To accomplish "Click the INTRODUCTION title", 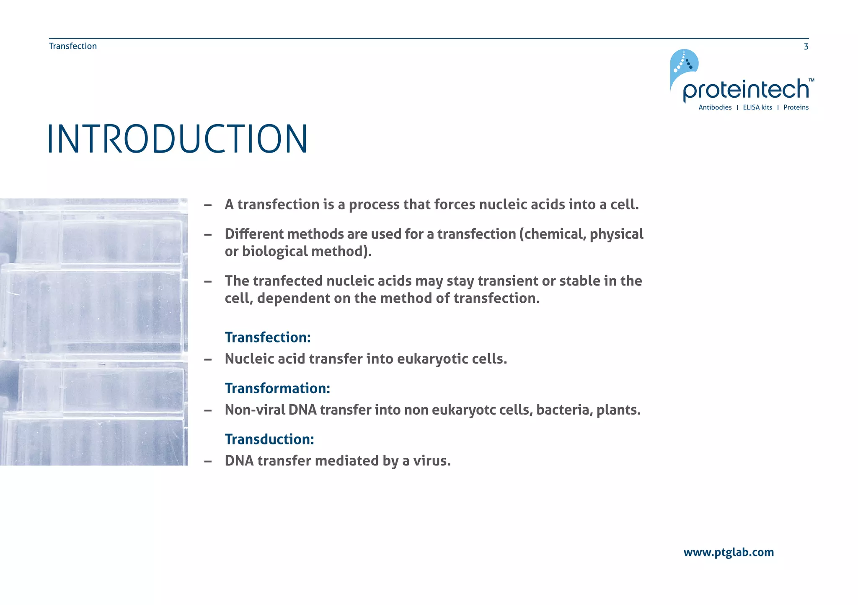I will pos(178,139).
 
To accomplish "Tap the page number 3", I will pos(806,47).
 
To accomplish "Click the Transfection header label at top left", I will pos(73,46).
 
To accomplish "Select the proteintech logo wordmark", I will pos(746,89).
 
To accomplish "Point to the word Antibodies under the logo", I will pos(715,107).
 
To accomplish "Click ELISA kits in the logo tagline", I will pos(757,107).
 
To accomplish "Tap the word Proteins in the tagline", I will pos(796,107).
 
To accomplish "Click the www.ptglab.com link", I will pos(728,552).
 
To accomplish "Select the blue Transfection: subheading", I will pos(268,337).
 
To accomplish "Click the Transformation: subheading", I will pos(277,388).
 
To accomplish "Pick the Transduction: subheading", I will pos(269,439).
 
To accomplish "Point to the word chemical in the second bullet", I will pos(554,234).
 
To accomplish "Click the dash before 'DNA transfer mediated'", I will pos(208,461).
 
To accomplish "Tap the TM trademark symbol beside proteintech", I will pos(811,80).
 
